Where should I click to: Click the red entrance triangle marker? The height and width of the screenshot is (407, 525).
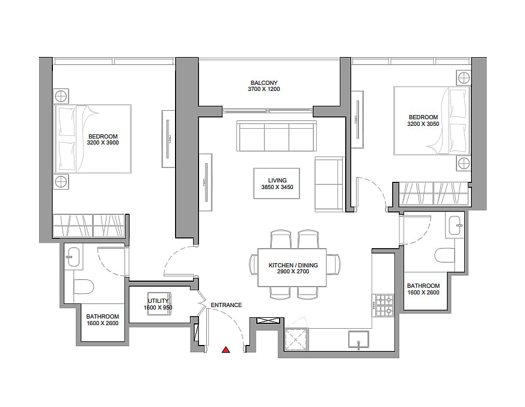(x=226, y=350)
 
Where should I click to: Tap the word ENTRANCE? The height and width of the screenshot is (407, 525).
(x=226, y=305)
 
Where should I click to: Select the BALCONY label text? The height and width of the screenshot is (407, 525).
(x=264, y=83)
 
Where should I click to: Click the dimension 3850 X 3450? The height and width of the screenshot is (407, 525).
(x=277, y=187)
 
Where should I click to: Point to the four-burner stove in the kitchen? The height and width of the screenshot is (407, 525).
(x=385, y=305)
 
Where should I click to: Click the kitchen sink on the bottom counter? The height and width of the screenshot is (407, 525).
(x=358, y=340)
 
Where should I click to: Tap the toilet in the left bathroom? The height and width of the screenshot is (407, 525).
(x=83, y=287)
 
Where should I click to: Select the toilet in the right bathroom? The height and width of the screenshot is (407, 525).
(x=444, y=255)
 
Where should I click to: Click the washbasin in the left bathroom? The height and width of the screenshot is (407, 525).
(x=73, y=258)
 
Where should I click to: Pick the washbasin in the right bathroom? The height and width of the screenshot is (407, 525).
(x=455, y=225)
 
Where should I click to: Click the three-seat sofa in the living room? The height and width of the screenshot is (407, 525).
(x=277, y=136)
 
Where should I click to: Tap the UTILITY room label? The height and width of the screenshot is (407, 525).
(x=158, y=301)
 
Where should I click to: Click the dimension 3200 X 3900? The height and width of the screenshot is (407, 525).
(x=103, y=143)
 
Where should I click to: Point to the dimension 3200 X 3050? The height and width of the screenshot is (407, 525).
(x=423, y=123)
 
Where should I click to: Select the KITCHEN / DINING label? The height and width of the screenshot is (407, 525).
(x=293, y=265)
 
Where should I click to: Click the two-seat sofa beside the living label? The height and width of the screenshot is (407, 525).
(x=330, y=184)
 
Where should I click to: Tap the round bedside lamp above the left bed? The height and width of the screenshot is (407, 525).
(x=61, y=96)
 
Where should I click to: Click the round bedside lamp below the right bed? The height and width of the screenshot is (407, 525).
(x=464, y=164)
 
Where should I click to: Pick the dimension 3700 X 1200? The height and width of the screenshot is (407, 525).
(x=264, y=89)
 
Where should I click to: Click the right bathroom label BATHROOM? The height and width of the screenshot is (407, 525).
(x=423, y=286)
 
